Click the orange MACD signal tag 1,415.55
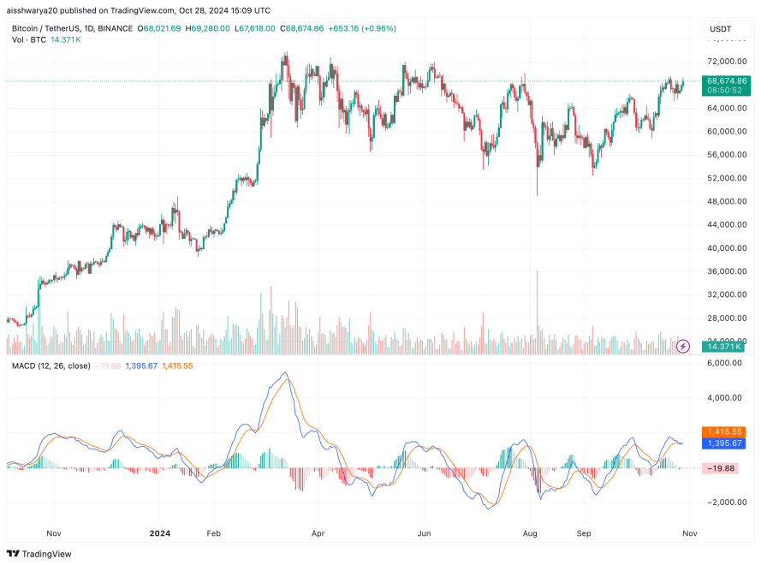(724, 432)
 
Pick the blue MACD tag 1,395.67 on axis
(724, 443)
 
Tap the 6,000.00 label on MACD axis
(725, 362)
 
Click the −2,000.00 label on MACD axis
(725, 503)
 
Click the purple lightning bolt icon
(683, 347)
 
